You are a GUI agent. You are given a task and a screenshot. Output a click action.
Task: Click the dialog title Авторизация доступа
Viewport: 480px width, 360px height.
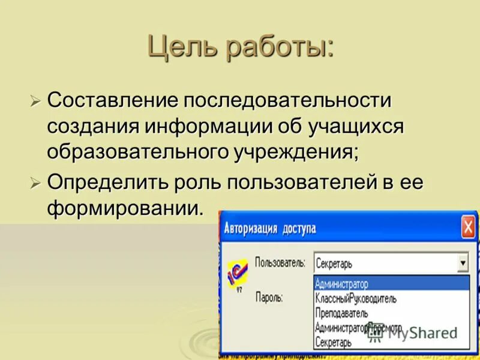[x=270, y=229]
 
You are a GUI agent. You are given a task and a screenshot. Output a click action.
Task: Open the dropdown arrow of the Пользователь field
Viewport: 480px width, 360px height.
[x=462, y=263]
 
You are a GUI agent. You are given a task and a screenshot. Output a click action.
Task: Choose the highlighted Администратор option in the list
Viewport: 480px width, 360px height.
[x=342, y=284]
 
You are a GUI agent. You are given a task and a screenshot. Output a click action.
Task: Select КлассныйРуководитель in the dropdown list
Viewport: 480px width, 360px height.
[x=356, y=298]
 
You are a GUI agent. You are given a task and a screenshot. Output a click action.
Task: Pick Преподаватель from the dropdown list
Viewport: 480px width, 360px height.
[x=341, y=313]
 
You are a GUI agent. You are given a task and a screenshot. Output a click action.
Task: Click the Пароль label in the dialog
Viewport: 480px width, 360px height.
[x=269, y=296]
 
